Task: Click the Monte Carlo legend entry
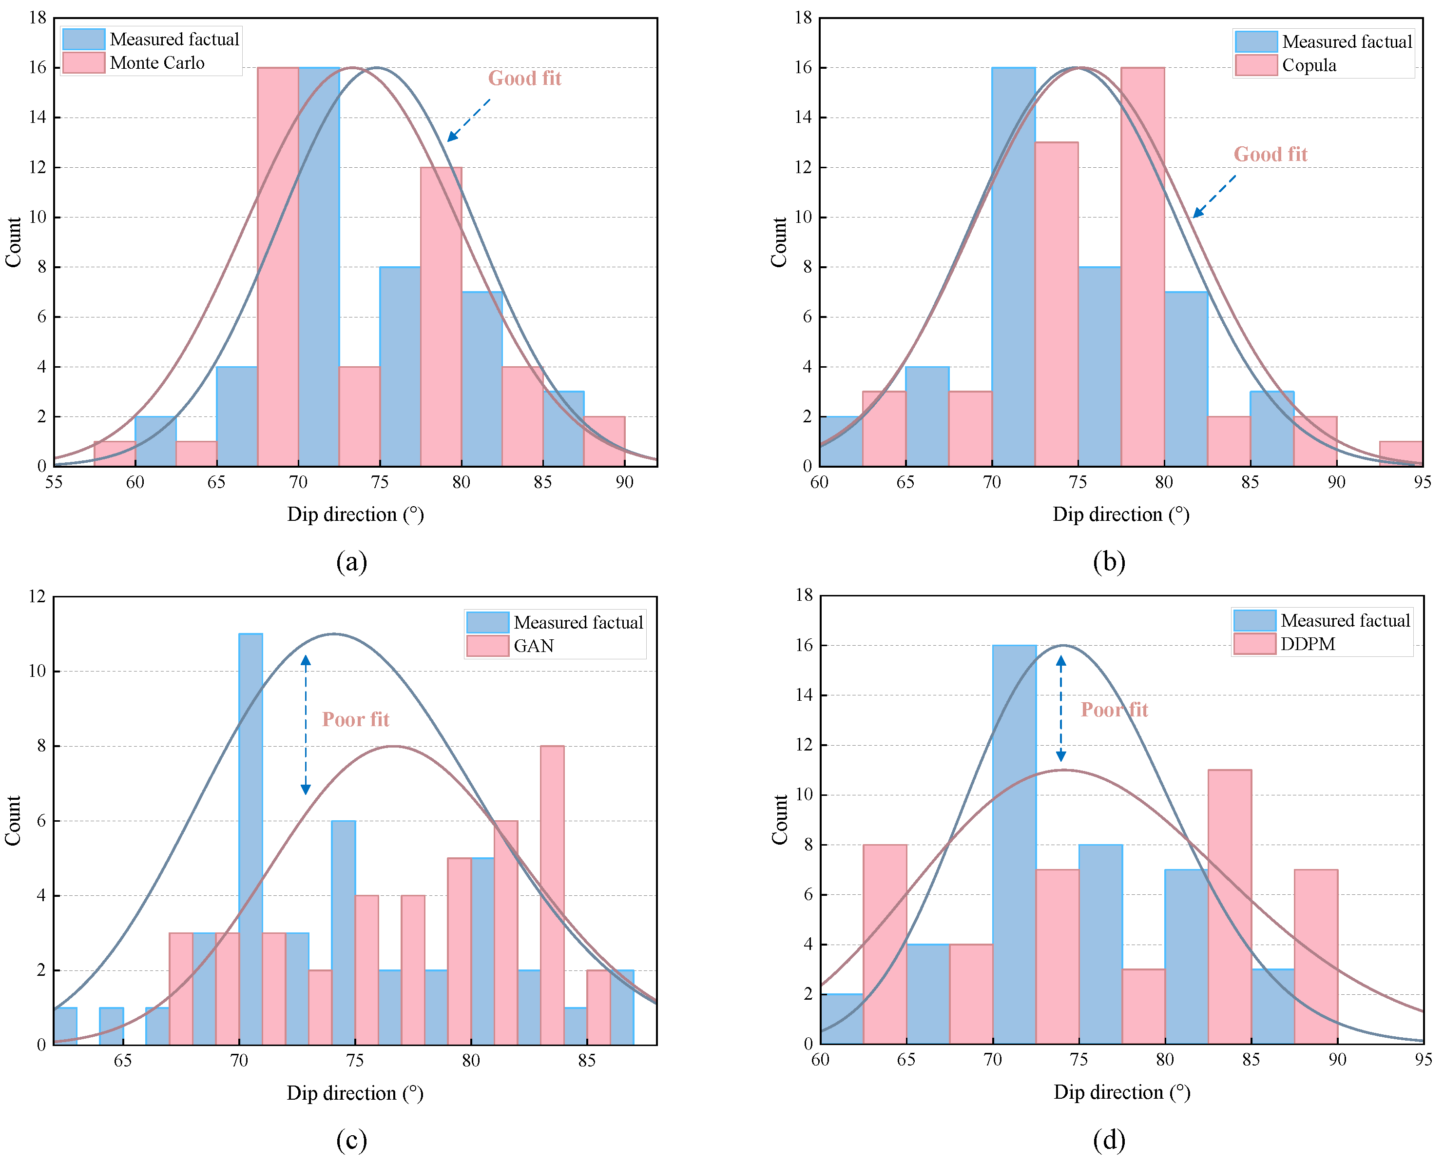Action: click(156, 63)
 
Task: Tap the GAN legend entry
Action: click(533, 646)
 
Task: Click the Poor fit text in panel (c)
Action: click(355, 719)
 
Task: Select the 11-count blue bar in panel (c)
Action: click(250, 840)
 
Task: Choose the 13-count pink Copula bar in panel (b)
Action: click(1056, 304)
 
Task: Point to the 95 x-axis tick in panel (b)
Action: click(1422, 482)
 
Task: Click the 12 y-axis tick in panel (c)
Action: click(37, 596)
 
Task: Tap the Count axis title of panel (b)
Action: click(779, 242)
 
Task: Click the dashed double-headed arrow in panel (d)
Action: click(1060, 709)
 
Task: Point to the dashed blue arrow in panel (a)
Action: click(468, 120)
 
